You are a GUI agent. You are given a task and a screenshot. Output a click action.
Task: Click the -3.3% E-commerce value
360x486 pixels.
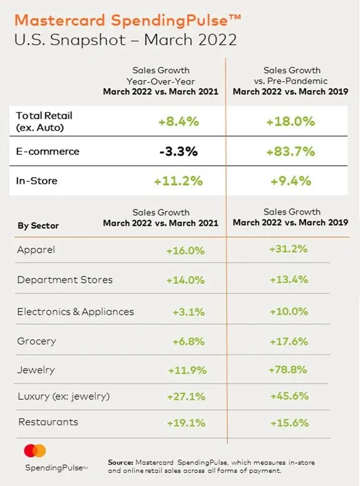(178, 151)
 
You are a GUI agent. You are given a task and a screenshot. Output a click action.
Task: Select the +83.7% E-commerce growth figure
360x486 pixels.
(291, 151)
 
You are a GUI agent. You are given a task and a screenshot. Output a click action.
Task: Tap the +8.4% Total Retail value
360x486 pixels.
(178, 121)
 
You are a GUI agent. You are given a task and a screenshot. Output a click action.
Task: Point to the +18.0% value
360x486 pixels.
(291, 121)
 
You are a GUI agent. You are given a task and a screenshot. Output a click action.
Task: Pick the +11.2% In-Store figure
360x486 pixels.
(178, 181)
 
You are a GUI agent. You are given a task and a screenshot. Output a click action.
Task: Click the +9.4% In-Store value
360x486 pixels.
(291, 181)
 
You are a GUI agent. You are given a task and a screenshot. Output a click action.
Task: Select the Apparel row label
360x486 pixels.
(36, 250)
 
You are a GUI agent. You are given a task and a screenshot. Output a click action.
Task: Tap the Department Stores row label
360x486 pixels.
(65, 280)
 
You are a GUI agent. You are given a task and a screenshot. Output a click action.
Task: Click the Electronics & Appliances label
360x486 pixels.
(75, 311)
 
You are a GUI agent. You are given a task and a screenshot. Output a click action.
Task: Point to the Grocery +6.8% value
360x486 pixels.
(188, 342)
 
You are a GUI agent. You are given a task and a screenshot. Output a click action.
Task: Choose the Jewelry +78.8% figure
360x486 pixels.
(288, 370)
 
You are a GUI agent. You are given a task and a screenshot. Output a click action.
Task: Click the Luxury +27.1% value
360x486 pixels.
(186, 397)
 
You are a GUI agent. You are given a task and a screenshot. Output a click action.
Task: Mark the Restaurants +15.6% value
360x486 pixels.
(289, 423)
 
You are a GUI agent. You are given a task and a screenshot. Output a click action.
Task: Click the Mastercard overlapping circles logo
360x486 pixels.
(35, 450)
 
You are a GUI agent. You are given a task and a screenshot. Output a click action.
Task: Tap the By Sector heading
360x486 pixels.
(38, 226)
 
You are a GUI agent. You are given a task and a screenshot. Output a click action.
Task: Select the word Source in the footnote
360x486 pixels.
(120, 462)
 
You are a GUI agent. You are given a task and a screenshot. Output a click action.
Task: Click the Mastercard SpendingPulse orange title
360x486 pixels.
(128, 21)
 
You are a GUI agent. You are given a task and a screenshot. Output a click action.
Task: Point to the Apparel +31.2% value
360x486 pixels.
(288, 249)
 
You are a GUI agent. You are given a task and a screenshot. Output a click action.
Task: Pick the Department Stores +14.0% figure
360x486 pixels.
(185, 280)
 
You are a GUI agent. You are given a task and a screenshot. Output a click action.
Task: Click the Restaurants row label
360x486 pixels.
(48, 422)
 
